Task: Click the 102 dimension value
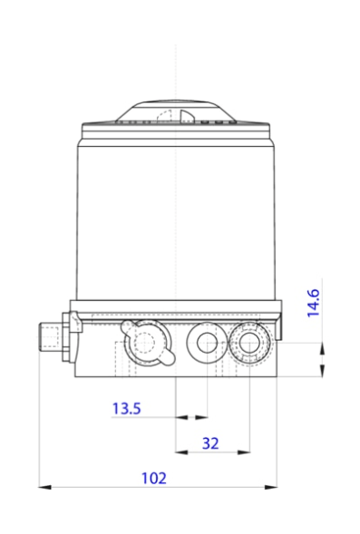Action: tap(156, 478)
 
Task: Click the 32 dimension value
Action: tap(210, 442)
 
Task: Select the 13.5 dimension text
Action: tap(126, 409)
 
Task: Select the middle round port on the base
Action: tap(205, 343)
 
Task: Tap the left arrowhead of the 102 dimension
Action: tap(44, 487)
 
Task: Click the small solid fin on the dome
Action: tap(185, 114)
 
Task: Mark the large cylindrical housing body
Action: tap(175, 218)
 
